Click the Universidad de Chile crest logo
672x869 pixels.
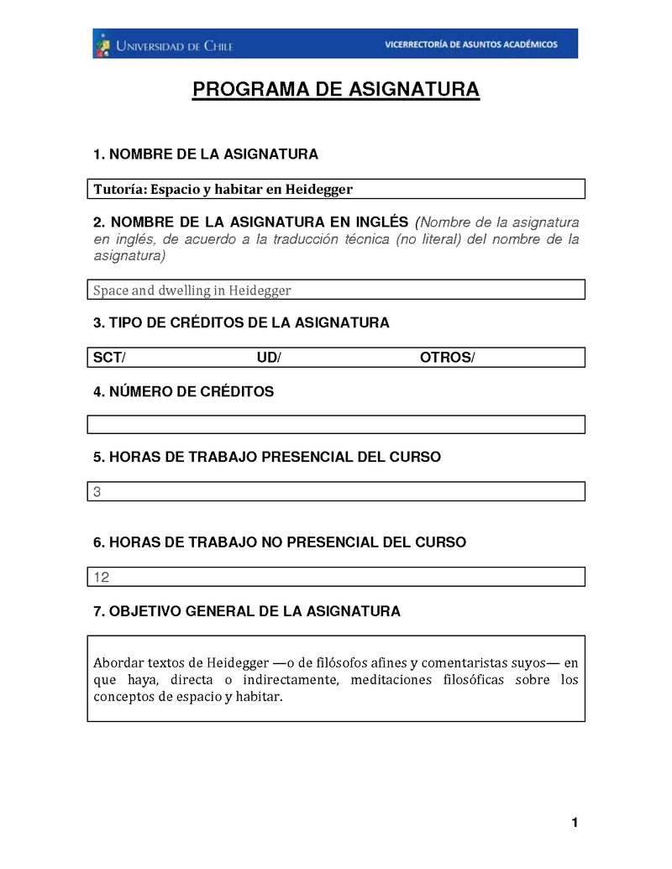(x=102, y=44)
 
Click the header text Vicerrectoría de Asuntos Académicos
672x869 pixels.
(x=470, y=44)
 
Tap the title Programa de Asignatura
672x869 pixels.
(x=336, y=90)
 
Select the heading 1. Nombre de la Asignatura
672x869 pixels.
(x=206, y=154)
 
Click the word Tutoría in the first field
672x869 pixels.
(x=119, y=189)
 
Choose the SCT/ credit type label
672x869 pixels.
(x=109, y=359)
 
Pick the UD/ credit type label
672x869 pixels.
(x=269, y=359)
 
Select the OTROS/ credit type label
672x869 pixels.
(x=447, y=359)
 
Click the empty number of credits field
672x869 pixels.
(x=336, y=424)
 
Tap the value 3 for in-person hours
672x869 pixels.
(x=97, y=492)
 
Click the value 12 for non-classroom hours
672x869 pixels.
(x=102, y=578)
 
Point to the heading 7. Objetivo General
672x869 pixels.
(x=247, y=612)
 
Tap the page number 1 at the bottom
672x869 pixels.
(x=575, y=822)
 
